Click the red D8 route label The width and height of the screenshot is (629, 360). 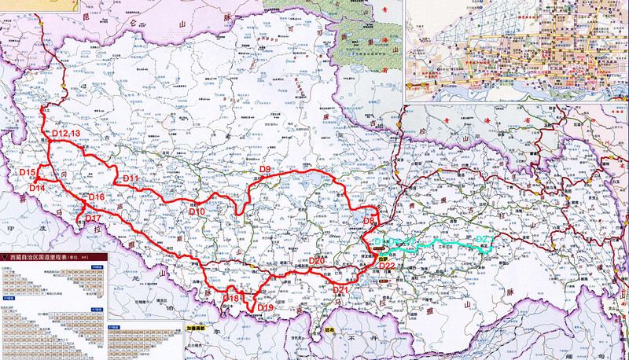coord(370,222)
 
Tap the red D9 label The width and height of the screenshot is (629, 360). coord(265,170)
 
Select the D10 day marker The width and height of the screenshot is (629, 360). coord(197,212)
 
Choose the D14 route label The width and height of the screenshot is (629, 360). coord(37,189)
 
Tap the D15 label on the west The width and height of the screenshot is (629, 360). coord(27,172)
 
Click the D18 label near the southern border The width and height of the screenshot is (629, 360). coord(231,298)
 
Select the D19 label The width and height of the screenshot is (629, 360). coord(265,307)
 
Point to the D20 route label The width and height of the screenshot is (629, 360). coord(317,260)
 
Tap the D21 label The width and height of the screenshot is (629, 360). coord(340,290)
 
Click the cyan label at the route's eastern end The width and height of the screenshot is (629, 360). coord(485,239)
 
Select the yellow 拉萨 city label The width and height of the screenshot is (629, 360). coord(383,255)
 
